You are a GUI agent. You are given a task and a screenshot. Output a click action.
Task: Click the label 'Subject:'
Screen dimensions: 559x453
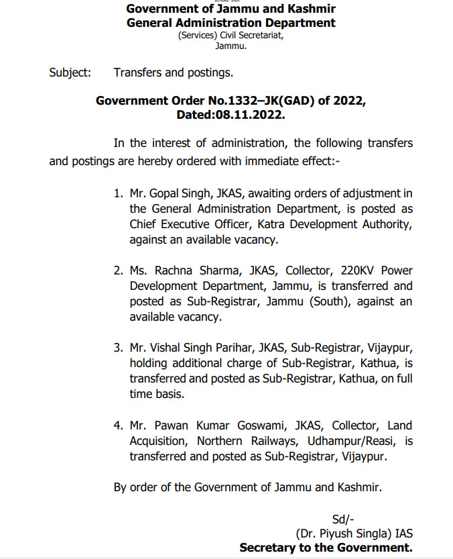coord(70,72)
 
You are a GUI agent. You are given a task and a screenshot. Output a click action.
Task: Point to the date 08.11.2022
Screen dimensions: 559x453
coord(250,115)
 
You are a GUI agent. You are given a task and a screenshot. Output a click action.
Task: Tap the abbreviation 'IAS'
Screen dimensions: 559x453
coord(401,534)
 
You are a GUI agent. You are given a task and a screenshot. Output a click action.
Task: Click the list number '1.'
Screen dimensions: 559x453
coord(118,194)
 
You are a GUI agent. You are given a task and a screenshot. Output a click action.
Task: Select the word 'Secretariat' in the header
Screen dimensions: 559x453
coord(260,36)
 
